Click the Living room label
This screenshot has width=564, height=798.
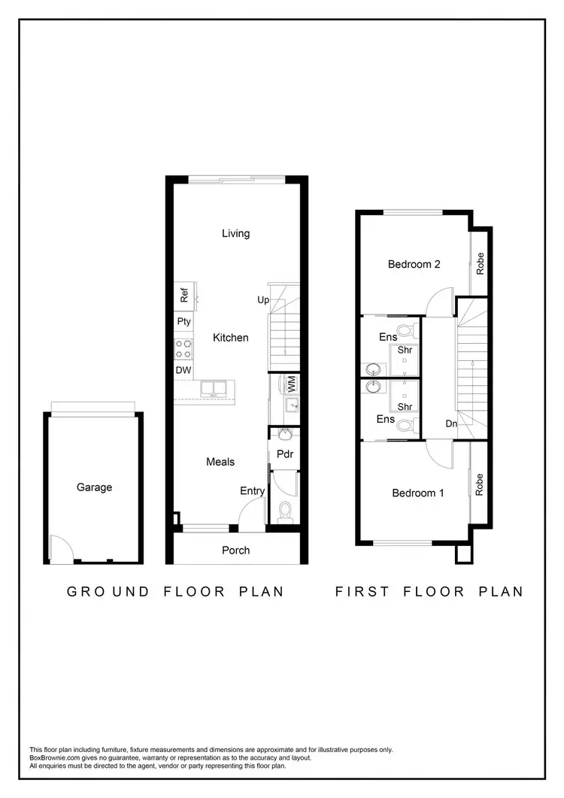[235, 233]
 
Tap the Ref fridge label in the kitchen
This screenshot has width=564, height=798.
[183, 295]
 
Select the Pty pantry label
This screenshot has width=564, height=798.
[183, 322]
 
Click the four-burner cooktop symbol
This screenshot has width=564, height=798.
[183, 348]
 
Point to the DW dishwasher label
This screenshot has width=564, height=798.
[183, 371]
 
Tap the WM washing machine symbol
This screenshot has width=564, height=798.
[290, 384]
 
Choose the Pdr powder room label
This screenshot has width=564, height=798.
[284, 454]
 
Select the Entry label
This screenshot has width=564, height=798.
[253, 491]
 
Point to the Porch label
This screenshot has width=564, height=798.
[235, 551]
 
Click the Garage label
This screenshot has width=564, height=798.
[94, 487]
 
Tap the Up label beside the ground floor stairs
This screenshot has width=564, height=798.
[263, 300]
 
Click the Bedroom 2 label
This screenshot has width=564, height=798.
[414, 264]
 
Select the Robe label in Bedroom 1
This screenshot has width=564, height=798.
[478, 484]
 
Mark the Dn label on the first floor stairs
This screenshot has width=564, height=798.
[451, 424]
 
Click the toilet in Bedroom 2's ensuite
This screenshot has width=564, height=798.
[406, 329]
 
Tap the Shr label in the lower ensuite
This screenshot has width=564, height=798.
[405, 407]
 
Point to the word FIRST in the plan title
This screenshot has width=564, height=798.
[362, 592]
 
